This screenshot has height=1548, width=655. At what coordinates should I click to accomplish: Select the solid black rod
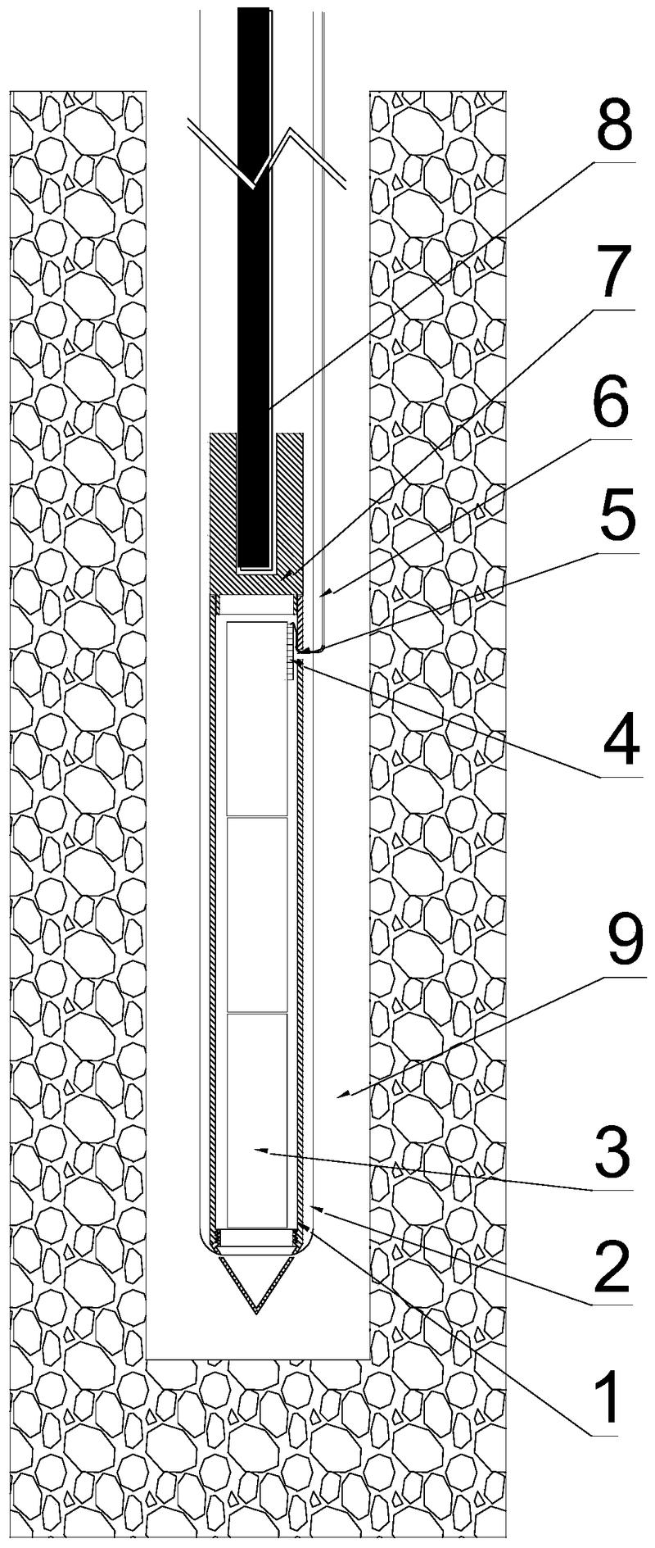(x=253, y=287)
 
